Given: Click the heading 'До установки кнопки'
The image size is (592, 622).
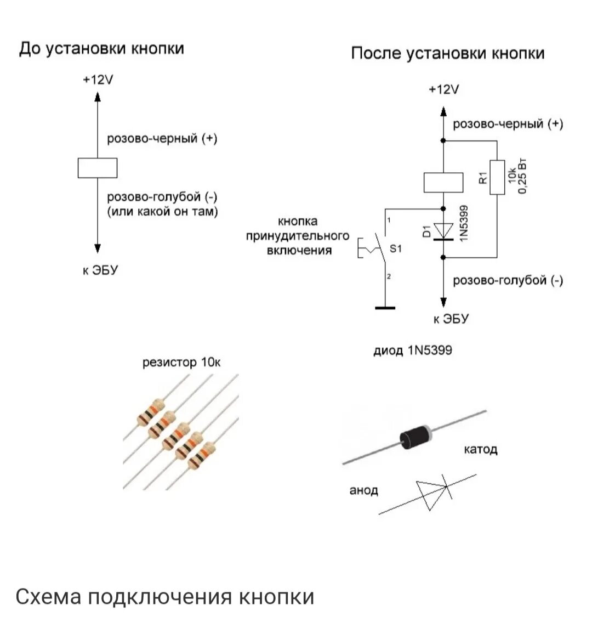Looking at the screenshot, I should pyautogui.click(x=101, y=49).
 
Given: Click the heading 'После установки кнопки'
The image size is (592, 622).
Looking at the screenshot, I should pyautogui.click(x=447, y=53).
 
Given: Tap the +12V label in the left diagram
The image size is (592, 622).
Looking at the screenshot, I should pyautogui.click(x=98, y=80).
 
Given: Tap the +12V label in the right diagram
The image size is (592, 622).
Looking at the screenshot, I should pyautogui.click(x=443, y=89).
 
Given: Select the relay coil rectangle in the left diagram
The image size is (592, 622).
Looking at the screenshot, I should pyautogui.click(x=98, y=168).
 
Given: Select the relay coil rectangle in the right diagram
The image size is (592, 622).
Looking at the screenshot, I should pyautogui.click(x=443, y=182).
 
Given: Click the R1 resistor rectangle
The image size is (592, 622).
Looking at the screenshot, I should pyautogui.click(x=497, y=177).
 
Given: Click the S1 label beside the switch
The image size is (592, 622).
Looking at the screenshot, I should pyautogui.click(x=395, y=248).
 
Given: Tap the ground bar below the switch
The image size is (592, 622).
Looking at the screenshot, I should pyautogui.click(x=385, y=308).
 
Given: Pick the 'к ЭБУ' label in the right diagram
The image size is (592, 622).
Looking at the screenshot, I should pyautogui.click(x=451, y=319).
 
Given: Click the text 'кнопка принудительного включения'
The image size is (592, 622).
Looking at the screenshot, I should pyautogui.click(x=297, y=236).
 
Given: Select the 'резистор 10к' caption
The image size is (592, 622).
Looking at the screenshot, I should pyautogui.click(x=183, y=363).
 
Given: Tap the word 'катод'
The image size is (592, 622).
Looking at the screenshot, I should pyautogui.click(x=480, y=450).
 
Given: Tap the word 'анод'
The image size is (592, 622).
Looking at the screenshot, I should pyautogui.click(x=363, y=490).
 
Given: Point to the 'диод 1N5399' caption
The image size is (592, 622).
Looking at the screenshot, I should pyautogui.click(x=413, y=350).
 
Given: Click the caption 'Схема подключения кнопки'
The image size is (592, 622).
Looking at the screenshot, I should pyautogui.click(x=164, y=597).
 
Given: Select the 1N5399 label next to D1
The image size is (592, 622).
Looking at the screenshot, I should pyautogui.click(x=464, y=223).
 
